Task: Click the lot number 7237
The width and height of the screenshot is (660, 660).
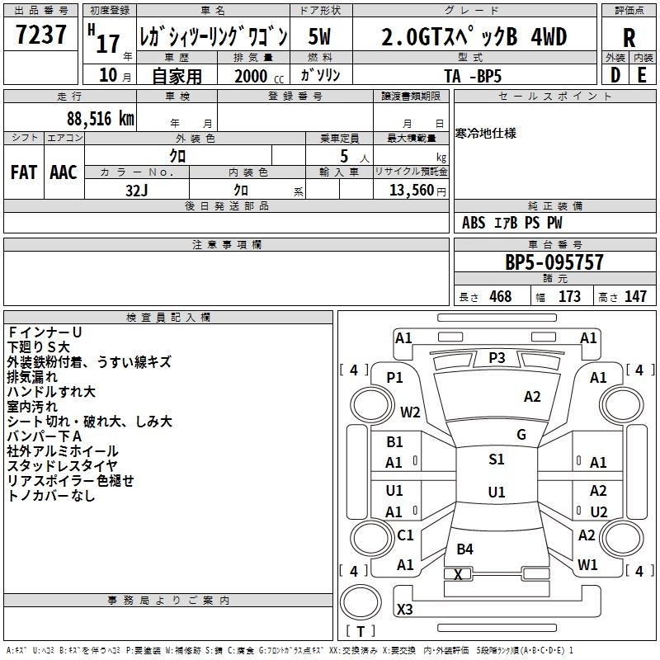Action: [41, 35]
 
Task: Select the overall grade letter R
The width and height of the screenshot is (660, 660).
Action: [629, 38]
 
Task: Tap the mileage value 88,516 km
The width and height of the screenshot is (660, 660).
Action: [101, 119]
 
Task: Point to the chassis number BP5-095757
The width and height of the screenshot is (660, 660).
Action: [554, 262]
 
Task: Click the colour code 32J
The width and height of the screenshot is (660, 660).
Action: [137, 191]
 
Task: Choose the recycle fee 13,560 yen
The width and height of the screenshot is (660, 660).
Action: [417, 191]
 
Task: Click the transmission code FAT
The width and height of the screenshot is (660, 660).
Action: [24, 172]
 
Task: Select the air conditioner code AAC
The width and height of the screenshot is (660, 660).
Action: [64, 172]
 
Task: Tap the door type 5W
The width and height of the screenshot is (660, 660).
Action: [319, 36]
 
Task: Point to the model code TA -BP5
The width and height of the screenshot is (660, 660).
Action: [473, 76]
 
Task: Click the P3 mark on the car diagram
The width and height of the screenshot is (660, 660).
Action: [497, 358]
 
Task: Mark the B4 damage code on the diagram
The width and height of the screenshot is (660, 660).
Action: [464, 549]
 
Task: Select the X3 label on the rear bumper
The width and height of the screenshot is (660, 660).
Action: [404, 609]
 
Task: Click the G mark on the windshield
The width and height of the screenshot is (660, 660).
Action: [521, 435]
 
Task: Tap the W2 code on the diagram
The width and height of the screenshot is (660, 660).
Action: [410, 412]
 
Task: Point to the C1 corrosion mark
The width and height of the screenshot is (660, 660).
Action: [405, 535]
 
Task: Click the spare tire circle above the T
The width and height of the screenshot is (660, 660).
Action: [361, 601]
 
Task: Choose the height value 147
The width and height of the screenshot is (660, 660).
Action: [635, 296]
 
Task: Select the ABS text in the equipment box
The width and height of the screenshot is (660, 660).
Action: [474, 223]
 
